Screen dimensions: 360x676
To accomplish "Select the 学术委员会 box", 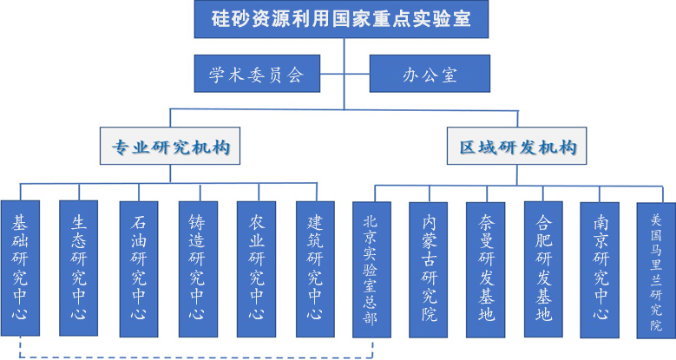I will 257,75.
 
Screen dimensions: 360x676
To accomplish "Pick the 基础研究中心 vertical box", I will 20,269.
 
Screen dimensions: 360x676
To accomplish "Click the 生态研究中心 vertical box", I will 79,269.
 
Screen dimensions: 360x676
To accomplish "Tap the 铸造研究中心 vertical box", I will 198,269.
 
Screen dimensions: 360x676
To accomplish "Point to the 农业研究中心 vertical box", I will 257,269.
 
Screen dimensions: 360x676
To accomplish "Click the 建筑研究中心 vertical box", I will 316,269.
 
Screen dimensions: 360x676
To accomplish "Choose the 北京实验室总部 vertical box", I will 372,269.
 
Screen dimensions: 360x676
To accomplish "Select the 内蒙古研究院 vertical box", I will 430,269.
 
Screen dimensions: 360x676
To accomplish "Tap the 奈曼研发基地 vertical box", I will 486,269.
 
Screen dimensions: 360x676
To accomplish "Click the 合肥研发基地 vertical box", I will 543,269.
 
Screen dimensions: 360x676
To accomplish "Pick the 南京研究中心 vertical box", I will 601,269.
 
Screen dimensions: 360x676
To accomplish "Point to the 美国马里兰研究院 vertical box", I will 656,269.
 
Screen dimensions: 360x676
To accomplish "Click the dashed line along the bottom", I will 191,355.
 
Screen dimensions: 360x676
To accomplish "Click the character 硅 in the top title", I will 224,19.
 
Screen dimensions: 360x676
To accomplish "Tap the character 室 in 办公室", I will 448,75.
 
